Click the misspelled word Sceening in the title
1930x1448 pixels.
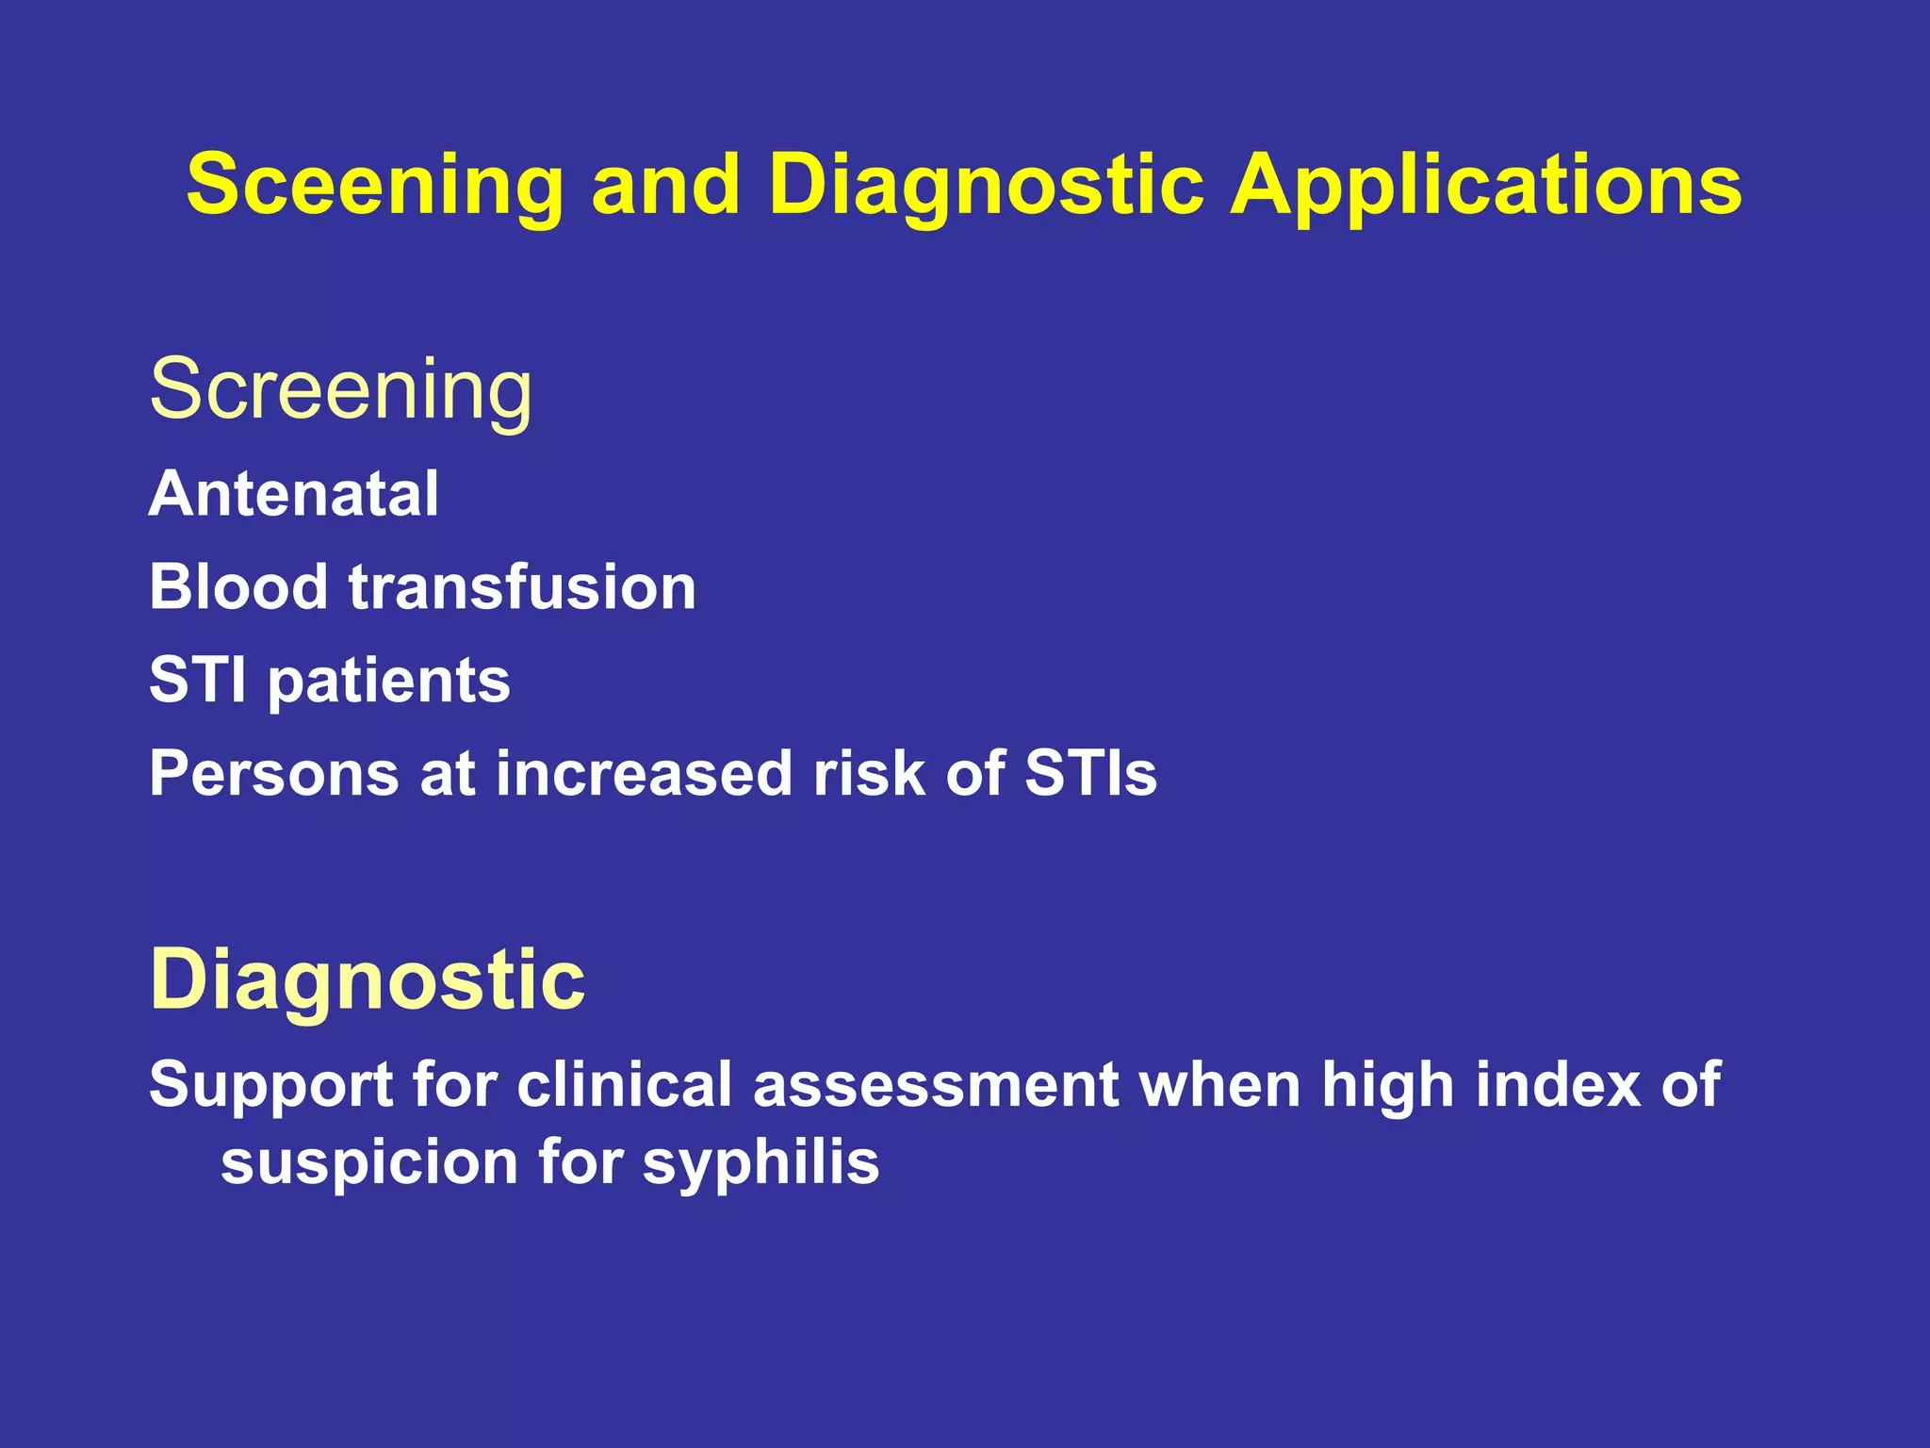tap(374, 186)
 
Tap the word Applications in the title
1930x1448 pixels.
tap(1486, 186)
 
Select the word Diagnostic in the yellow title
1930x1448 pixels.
tap(986, 186)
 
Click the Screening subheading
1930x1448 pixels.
tap(341, 389)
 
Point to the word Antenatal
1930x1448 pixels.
tap(294, 494)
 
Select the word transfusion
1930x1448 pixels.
tap(522, 587)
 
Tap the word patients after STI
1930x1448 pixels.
tap(389, 682)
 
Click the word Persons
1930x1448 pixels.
tap(274, 774)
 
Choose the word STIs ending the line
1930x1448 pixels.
tap(1090, 774)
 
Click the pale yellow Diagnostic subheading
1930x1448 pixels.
tap(368, 980)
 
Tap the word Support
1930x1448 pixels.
tap(270, 1085)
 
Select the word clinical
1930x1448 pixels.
tap(624, 1085)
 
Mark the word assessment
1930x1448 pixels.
tap(935, 1085)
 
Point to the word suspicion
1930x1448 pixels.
tap(368, 1161)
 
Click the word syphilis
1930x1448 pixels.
tap(761, 1163)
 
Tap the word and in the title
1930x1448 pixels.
tap(665, 186)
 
